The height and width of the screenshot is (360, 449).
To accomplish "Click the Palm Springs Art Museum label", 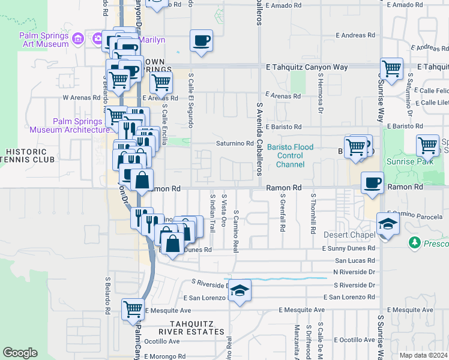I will tap(44, 39).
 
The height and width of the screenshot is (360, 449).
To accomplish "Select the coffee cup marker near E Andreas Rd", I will tap(201, 41).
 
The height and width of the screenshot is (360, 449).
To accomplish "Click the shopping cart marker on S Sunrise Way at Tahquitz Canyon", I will tap(391, 69).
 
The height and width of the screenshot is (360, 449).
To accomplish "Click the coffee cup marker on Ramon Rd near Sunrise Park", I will tap(372, 182).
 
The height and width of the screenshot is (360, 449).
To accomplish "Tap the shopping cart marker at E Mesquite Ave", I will tap(133, 310).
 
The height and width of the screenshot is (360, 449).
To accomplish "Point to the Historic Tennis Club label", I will tap(28, 155).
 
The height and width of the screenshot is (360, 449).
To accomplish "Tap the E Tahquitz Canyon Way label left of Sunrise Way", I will tap(307, 67).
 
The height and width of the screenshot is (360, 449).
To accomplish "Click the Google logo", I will tap(20, 353).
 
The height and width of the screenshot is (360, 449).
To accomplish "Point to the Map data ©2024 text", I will tap(423, 355).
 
